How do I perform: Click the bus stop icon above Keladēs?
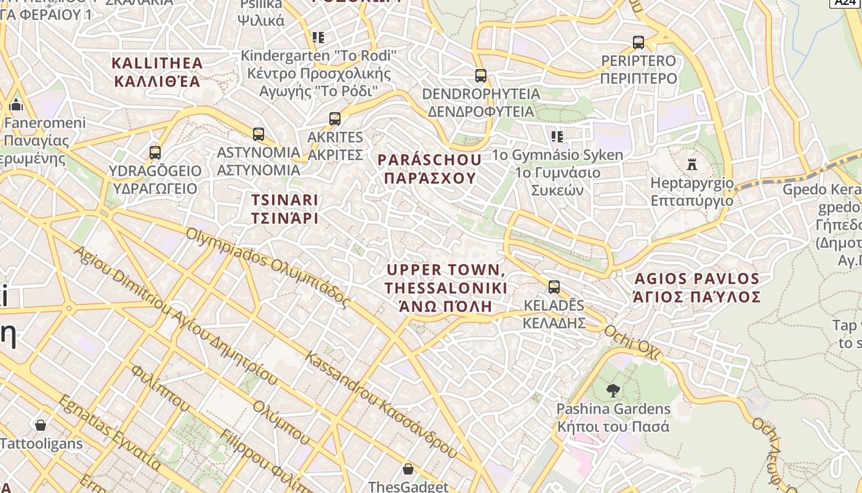tap(554, 287)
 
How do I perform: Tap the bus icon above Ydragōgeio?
tap(155, 152)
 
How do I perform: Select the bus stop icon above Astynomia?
tap(259, 134)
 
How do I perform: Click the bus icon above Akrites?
tap(335, 119)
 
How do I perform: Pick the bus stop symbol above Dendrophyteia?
tap(481, 76)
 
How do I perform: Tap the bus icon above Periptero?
tap(638, 43)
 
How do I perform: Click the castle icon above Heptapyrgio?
tap(692, 165)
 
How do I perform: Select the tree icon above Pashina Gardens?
tap(613, 390)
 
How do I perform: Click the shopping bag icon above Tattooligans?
tap(41, 425)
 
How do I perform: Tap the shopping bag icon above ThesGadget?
tap(408, 470)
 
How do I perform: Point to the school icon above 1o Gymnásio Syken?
tap(557, 136)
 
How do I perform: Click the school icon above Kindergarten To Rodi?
tap(318, 38)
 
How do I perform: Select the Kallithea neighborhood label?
tap(158, 72)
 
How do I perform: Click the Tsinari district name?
tap(284, 209)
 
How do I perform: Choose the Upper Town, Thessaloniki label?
tap(446, 288)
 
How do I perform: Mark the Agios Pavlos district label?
tap(697, 288)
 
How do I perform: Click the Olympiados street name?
tap(267, 267)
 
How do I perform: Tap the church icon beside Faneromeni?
tap(17, 104)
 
